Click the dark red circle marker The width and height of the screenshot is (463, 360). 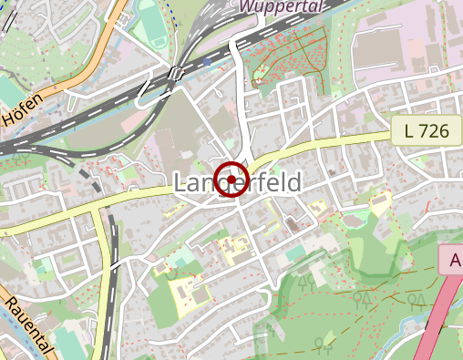(231, 178)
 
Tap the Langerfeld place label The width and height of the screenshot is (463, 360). (237, 183)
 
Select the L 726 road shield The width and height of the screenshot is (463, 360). (426, 132)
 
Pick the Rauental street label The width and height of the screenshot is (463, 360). (29, 329)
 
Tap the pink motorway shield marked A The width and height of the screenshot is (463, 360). (452, 261)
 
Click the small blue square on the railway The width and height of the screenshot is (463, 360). (208, 62)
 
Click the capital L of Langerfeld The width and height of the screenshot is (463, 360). (180, 183)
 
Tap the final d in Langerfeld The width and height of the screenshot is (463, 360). (293, 183)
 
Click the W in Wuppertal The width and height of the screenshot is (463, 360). (245, 6)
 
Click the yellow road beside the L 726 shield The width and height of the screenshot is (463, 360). (365, 139)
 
